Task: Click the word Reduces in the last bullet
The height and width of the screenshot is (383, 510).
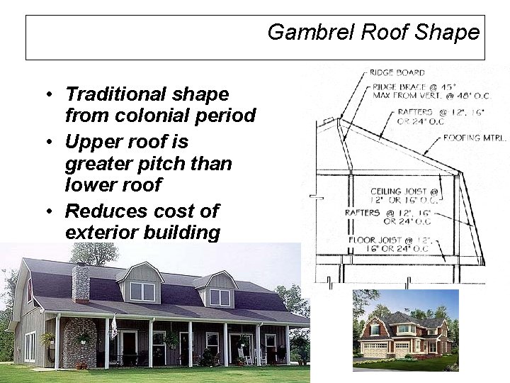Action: tap(107, 211)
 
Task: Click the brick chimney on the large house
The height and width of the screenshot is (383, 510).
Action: tap(81, 283)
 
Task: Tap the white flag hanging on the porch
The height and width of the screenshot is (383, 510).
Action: tap(113, 326)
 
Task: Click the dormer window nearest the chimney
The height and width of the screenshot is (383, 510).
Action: tap(142, 292)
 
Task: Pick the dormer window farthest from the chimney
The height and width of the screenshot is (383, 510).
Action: tap(220, 297)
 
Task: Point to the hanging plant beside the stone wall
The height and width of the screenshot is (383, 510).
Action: tap(48, 339)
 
